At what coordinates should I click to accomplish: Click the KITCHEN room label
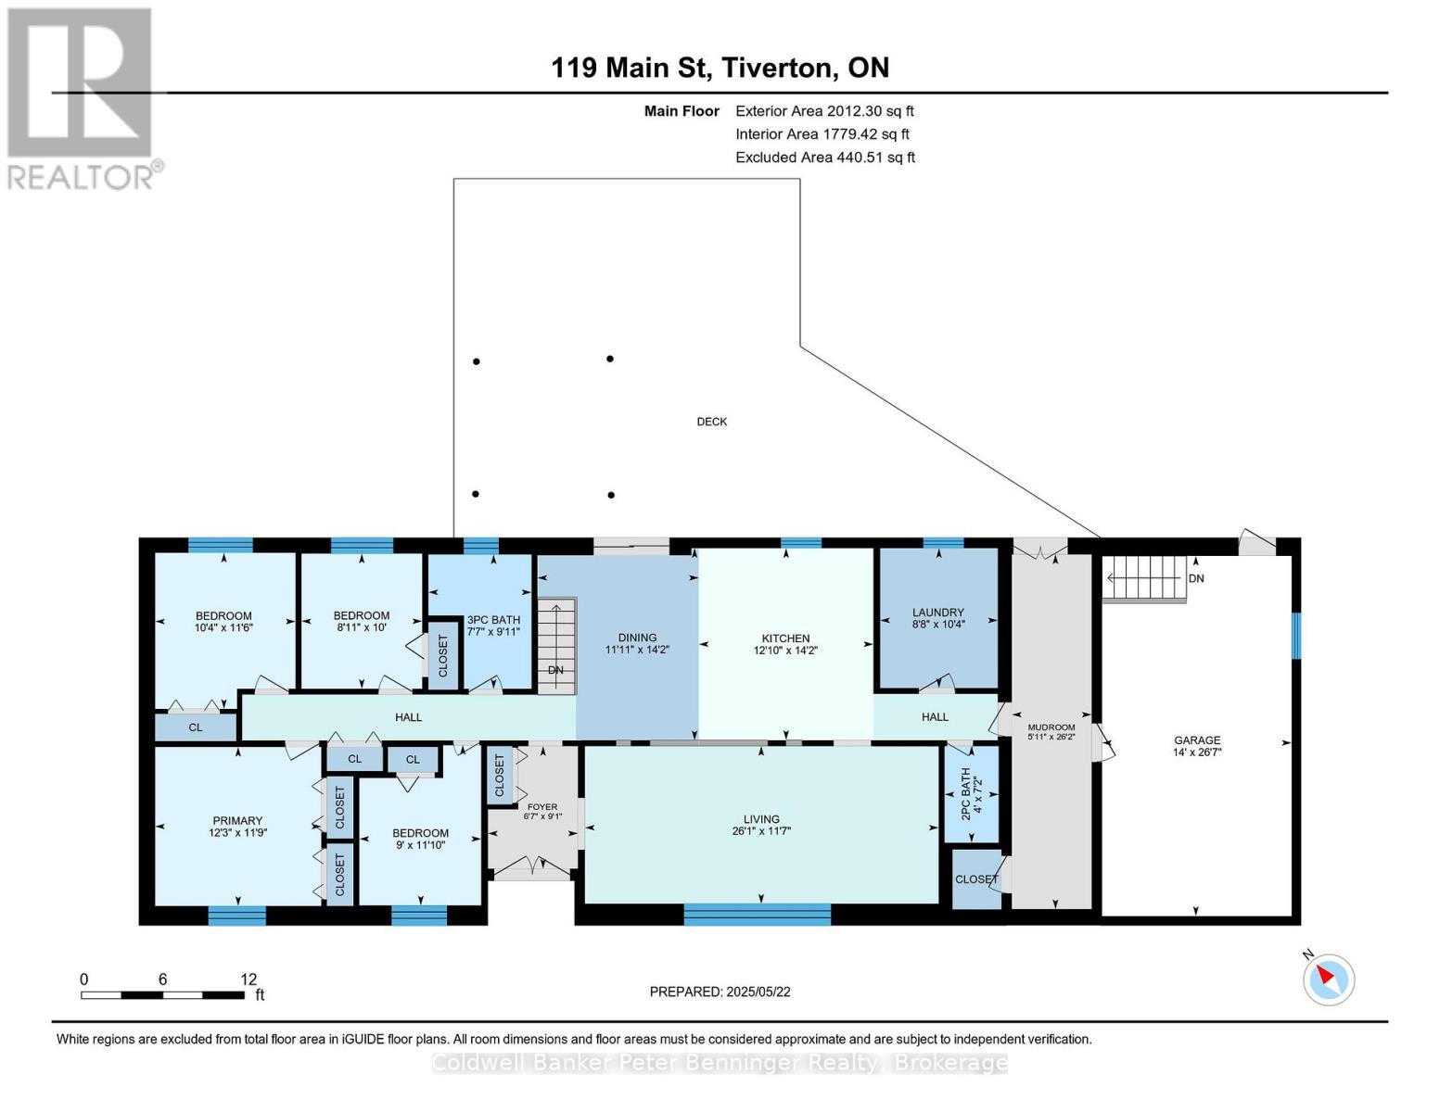click(785, 638)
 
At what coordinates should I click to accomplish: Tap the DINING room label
click(638, 638)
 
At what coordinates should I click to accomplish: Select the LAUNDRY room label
click(937, 612)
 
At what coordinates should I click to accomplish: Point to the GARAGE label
click(1197, 739)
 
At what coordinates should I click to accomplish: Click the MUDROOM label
click(1051, 727)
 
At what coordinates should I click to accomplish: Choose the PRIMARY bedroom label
click(237, 820)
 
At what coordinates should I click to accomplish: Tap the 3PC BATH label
click(493, 620)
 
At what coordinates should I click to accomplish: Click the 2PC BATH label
click(965, 793)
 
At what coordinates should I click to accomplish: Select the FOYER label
click(542, 807)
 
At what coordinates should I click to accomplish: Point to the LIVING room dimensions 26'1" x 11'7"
click(761, 831)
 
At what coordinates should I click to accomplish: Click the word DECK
click(712, 422)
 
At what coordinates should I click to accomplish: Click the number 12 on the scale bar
click(248, 979)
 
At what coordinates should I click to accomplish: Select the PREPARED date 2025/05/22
click(758, 992)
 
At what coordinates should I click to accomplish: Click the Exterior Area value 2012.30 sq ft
click(869, 111)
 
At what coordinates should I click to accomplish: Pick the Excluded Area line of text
click(825, 158)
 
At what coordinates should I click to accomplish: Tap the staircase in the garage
click(1143, 578)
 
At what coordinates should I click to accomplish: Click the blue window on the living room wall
click(757, 915)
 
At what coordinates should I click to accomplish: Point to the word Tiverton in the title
click(776, 69)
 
